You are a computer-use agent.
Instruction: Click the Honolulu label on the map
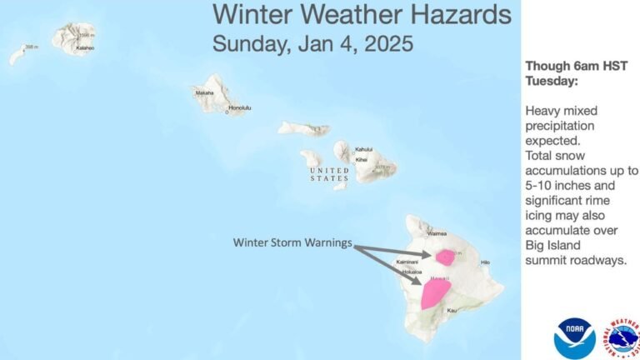240,108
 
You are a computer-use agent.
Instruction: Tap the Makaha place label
205,93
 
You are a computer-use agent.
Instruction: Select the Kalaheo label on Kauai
84,48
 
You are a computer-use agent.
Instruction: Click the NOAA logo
574,337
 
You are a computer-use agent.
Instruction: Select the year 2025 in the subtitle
384,43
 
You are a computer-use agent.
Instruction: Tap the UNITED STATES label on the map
329,173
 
